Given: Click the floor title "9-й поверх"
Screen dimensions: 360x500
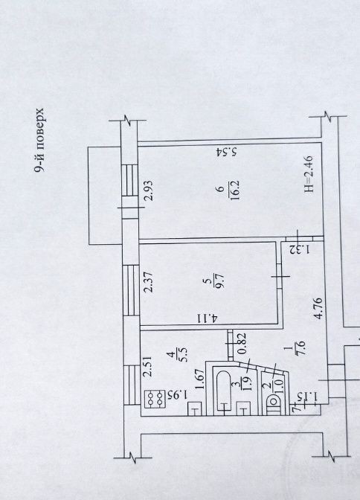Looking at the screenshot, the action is coord(39,140).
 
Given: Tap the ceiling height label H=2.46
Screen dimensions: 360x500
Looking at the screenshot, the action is coord(309,174).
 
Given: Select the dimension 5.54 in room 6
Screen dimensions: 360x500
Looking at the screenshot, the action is coord(226,152).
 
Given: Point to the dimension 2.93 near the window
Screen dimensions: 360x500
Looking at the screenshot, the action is coord(149,190).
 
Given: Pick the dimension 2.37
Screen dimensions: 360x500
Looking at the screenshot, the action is coord(148,281).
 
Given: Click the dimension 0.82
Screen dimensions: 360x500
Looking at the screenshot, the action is coord(242,343).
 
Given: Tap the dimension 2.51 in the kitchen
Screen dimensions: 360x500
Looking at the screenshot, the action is coord(148,367).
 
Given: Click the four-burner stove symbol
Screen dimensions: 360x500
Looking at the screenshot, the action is coord(155,400).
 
